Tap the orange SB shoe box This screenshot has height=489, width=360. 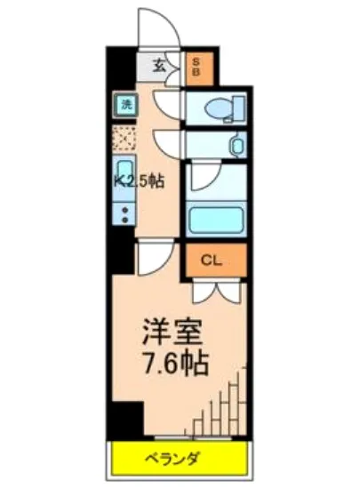coord(196,68)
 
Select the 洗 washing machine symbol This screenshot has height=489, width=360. coord(125,104)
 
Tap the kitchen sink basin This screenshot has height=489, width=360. coord(124,175)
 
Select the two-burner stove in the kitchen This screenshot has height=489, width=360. coord(124,213)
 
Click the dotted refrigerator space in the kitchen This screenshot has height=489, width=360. coord(124,139)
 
